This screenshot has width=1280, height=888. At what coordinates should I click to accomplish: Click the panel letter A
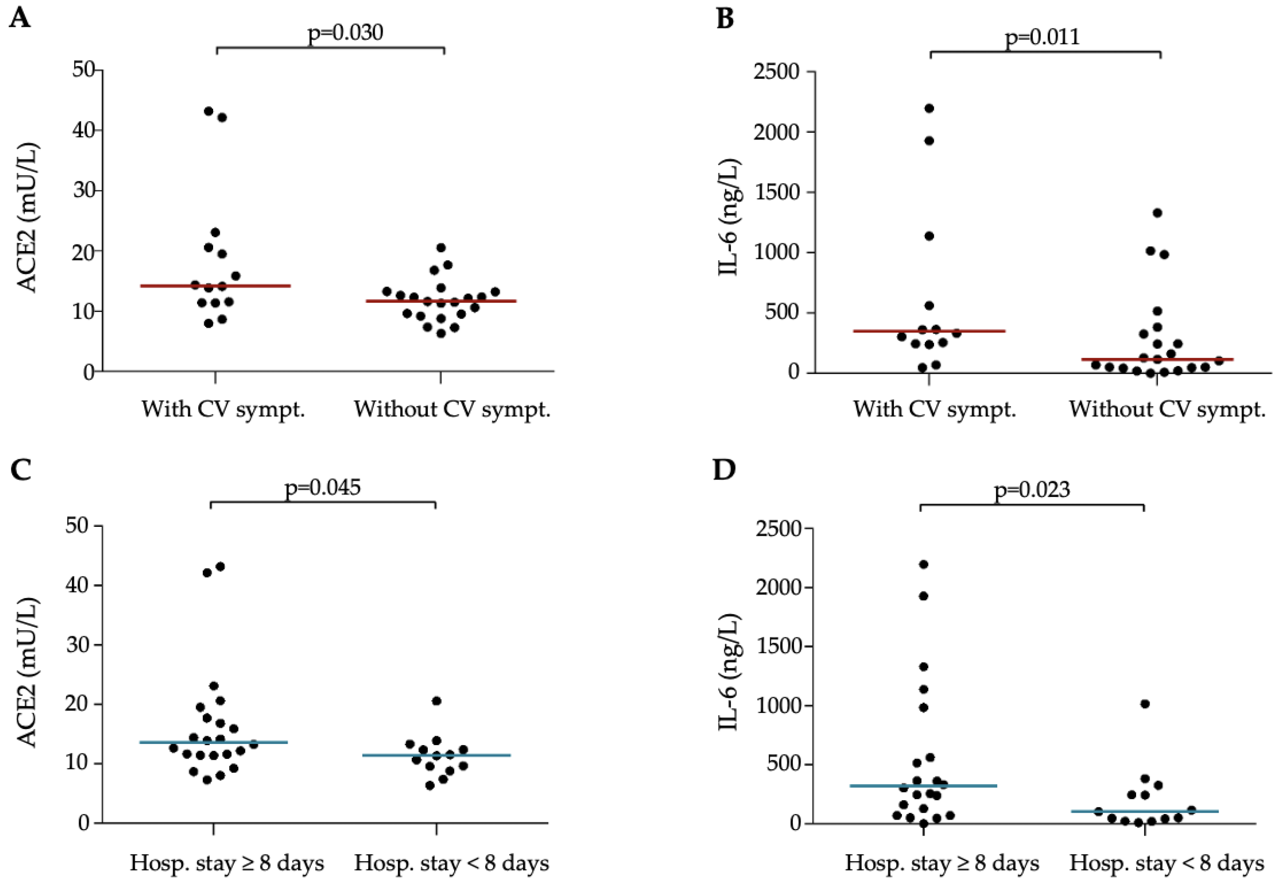point(20,18)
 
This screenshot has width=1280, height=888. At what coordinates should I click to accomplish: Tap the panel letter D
point(724,470)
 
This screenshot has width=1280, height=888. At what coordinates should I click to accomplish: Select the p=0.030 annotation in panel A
point(345,33)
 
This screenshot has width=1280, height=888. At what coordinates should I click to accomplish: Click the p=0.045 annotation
point(322,487)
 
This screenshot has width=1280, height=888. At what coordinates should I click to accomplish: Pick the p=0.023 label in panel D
point(1032,489)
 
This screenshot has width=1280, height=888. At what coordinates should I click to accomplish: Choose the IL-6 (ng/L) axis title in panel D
point(729,672)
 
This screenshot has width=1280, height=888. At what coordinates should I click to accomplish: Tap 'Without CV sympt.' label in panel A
point(452,410)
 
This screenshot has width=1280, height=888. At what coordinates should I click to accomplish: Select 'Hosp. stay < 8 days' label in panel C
point(451,864)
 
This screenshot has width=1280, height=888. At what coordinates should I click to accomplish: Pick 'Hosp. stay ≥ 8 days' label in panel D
point(942,864)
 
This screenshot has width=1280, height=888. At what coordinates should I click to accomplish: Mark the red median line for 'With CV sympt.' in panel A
point(215,286)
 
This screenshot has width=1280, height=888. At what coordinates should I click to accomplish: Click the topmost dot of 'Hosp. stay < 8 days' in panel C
point(436,701)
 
